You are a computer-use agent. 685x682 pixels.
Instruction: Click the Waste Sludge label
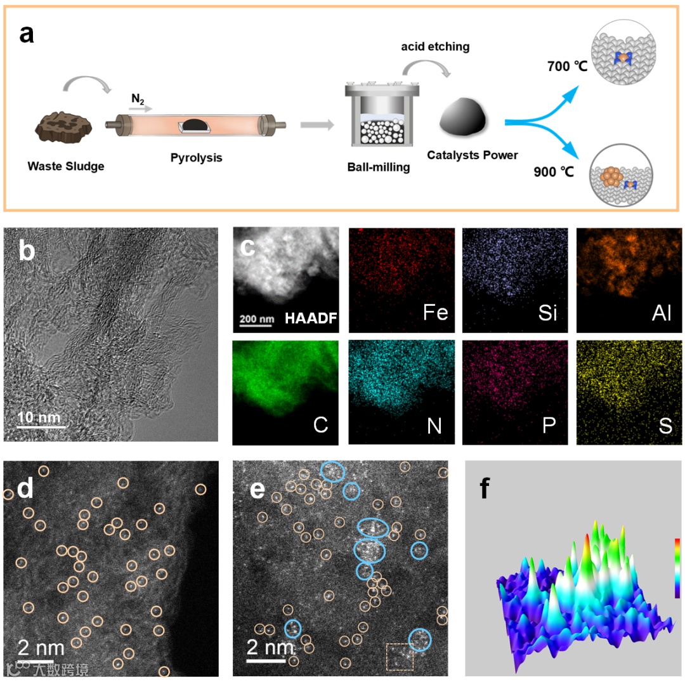click(66, 167)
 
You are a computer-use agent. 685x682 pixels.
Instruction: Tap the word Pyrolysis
click(197, 157)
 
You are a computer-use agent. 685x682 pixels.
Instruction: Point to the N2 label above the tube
click(137, 99)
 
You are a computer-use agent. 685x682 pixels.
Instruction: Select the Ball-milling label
click(379, 167)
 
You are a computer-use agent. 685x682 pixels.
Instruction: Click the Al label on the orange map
click(661, 313)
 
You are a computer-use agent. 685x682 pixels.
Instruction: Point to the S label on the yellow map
click(665, 424)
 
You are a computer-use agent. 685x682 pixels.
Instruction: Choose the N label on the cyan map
click(434, 424)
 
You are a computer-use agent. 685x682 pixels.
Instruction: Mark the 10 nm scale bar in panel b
click(41, 426)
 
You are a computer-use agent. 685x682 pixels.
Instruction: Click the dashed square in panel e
click(400, 656)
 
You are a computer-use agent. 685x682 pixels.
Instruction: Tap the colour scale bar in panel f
click(677, 568)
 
